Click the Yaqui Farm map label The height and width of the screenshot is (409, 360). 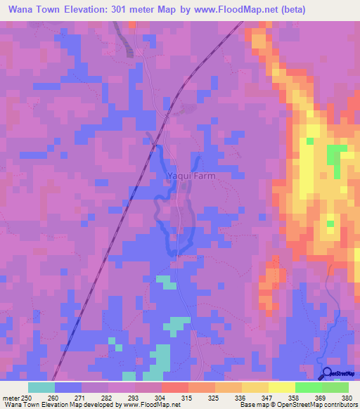191,176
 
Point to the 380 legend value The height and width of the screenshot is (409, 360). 346,397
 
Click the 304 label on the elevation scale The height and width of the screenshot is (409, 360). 160,397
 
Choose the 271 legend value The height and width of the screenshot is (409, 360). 81,397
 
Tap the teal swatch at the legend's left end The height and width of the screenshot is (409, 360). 41,387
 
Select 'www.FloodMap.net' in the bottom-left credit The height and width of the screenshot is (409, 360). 148,405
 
